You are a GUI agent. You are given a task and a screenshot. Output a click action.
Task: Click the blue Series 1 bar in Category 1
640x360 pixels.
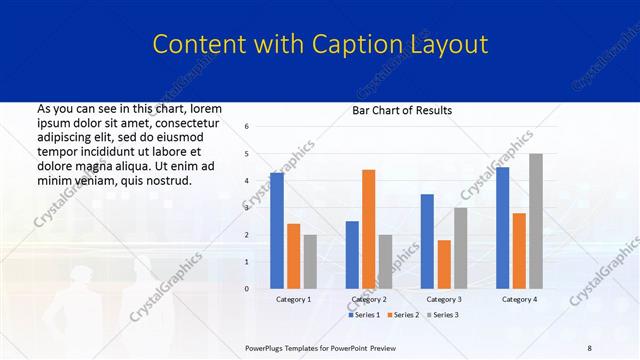tap(276, 231)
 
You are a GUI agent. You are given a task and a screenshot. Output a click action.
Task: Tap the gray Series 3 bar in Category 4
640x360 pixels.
tap(536, 221)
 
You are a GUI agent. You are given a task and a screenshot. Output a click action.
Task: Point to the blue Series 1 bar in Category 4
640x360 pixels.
tap(502, 228)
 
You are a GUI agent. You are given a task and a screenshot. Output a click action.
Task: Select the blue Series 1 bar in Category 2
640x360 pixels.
tap(352, 255)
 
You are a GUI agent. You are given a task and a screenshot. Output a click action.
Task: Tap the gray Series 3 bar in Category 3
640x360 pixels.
tap(460, 248)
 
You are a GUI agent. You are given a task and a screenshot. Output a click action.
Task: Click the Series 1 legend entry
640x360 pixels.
tap(364, 315)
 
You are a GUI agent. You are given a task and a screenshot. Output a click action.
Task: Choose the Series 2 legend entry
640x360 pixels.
tap(402, 315)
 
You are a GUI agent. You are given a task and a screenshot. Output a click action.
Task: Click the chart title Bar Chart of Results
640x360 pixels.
tap(402, 110)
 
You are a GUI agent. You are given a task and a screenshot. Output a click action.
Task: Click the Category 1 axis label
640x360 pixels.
tap(293, 299)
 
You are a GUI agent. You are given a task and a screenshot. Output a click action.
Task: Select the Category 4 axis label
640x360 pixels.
tap(519, 299)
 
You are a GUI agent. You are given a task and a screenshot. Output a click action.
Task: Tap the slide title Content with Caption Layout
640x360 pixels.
tap(320, 44)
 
